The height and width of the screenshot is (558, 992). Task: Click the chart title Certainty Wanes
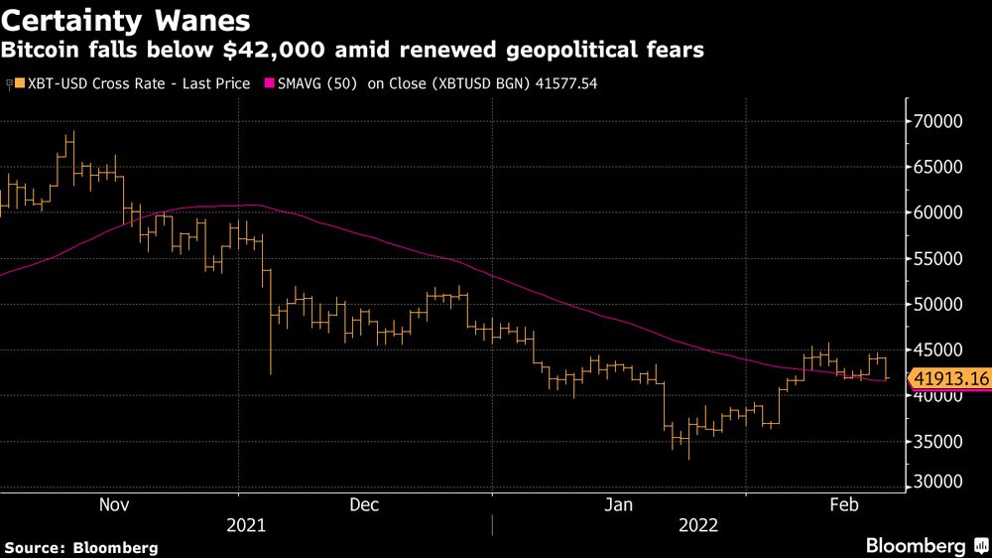point(125,19)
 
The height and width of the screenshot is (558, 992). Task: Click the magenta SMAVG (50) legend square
point(270,84)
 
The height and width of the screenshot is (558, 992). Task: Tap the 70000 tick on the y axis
point(938,121)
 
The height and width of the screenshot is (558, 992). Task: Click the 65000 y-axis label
point(938,167)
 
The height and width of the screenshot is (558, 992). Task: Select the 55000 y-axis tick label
point(938,258)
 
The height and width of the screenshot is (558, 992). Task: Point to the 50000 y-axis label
point(938,304)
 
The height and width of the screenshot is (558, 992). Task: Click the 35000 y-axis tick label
point(938,441)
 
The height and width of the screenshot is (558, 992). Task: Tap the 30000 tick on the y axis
point(938,482)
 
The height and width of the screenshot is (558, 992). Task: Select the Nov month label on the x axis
point(114,504)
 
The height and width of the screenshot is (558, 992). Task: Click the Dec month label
point(364,504)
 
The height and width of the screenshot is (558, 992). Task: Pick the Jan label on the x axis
point(620,504)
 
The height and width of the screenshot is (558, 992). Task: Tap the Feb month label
point(843,504)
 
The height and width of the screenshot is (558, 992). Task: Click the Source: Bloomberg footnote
point(81,547)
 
